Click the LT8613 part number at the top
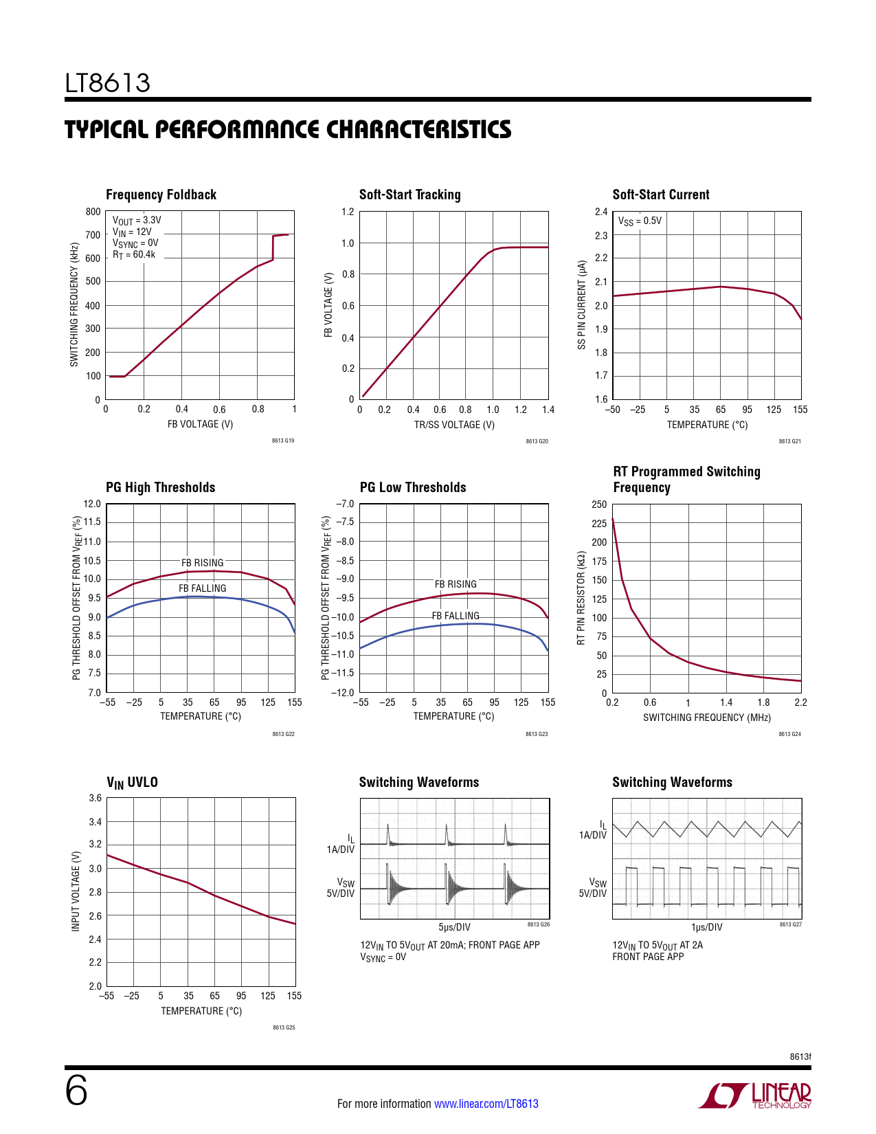[107, 83]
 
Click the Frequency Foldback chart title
[161, 194]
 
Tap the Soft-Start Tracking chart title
[409, 194]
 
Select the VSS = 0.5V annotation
[640, 221]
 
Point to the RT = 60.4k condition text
[134, 254]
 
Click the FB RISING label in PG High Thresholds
[202, 562]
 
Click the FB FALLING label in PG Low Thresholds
[456, 616]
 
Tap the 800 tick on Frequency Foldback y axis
[93, 212]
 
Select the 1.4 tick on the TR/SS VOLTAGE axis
[548, 410]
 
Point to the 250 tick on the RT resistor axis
[599, 504]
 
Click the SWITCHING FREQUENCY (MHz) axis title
[706, 718]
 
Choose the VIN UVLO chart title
[132, 782]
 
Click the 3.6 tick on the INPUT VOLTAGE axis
[96, 798]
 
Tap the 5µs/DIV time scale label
[454, 927]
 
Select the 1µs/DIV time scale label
[706, 927]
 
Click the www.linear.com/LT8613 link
[486, 1104]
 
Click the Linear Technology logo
[755, 1096]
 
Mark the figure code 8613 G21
[789, 441]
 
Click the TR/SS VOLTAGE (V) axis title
[454, 425]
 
